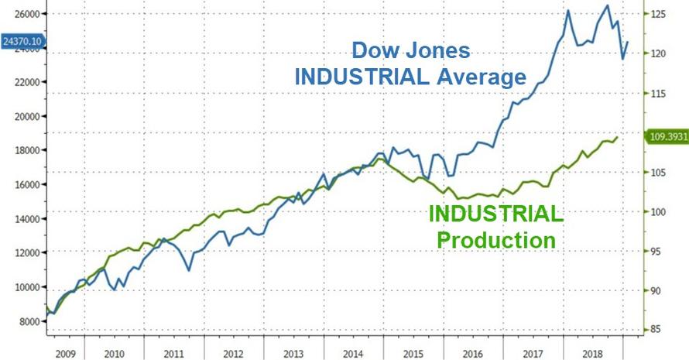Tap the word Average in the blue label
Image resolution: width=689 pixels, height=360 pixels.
coord(485,77)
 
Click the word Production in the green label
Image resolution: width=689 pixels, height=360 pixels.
coord(496,240)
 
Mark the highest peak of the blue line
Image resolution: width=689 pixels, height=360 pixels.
coord(607,6)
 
